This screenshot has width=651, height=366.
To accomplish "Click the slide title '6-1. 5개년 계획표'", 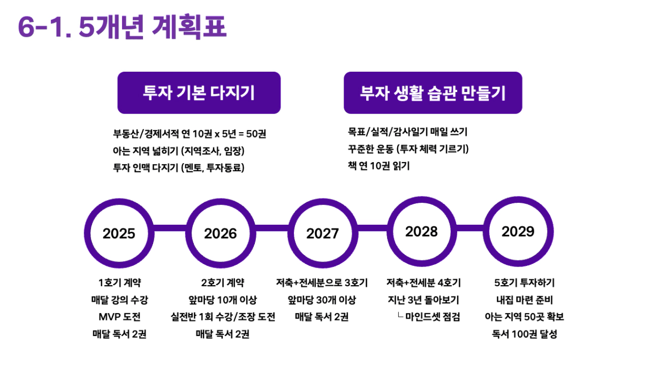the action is (x=122, y=27).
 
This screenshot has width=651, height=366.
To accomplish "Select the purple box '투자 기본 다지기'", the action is (x=199, y=93).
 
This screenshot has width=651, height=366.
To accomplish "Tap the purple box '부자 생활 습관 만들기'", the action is (x=433, y=93).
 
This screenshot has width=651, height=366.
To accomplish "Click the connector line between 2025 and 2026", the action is (x=170, y=228).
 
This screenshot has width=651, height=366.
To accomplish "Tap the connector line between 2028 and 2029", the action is (x=470, y=228).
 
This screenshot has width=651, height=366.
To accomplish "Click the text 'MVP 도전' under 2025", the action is (x=119, y=317).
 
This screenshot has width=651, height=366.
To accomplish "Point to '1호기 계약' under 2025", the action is (x=120, y=283).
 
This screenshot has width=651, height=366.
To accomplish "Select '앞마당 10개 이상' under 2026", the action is (x=223, y=300).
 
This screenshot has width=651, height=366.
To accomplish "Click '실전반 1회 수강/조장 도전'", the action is (x=223, y=317).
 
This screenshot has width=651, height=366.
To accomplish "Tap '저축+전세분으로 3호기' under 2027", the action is (x=322, y=283).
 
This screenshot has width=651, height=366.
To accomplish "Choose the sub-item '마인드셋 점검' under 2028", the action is (x=433, y=317).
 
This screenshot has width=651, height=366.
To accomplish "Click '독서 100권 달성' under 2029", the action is (x=525, y=334).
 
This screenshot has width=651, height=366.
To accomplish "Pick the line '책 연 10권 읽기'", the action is (x=379, y=166).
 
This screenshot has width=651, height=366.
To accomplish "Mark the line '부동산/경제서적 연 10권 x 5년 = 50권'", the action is (x=190, y=134).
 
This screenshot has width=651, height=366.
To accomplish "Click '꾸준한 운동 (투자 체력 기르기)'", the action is (x=408, y=149).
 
